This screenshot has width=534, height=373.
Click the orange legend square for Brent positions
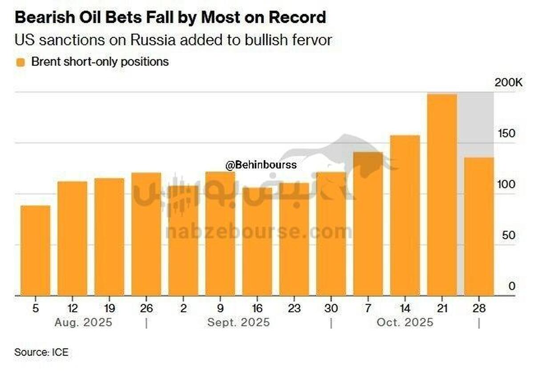pos(20,62)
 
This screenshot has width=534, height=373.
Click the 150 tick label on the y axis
pos(506,134)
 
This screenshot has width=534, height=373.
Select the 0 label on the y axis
pos(512,286)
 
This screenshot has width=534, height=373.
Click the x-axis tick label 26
pos(146,308)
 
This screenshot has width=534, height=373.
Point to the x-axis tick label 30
pos(331,308)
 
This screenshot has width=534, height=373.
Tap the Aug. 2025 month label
pos(84,323)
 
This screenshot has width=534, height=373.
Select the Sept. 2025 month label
pos(239,323)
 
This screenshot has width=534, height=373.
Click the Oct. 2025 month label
pos(405,323)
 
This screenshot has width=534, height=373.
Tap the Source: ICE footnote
pos(41,353)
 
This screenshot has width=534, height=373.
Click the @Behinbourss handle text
pos(261,166)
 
